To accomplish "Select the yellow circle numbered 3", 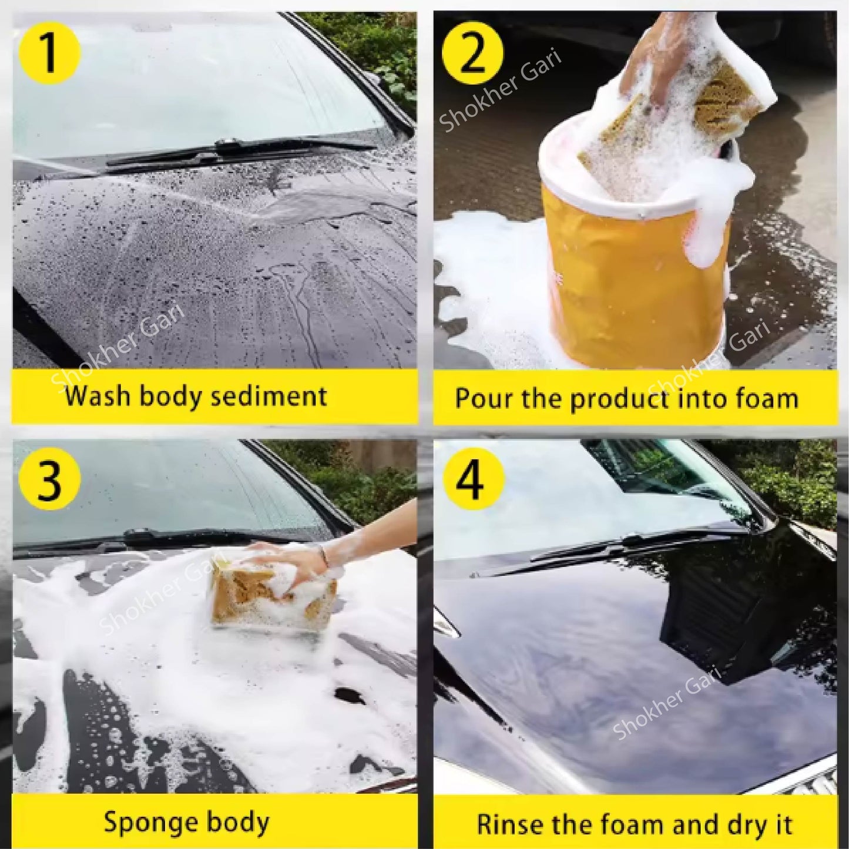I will [49, 479].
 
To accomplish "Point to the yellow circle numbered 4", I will [473, 479].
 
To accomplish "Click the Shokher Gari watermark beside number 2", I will [499, 91].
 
